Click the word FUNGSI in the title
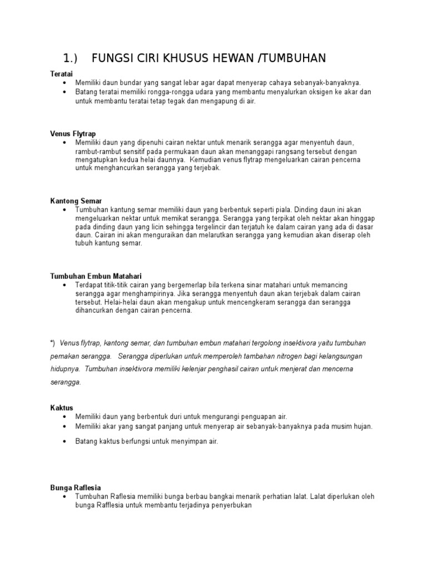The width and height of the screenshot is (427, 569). pyautogui.click(x=114, y=58)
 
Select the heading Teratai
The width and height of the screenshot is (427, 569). pyautogui.click(x=61, y=73)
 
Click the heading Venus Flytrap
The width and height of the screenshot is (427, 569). pyautogui.click(x=73, y=134)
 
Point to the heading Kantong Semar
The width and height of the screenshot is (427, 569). pyautogui.click(x=76, y=201)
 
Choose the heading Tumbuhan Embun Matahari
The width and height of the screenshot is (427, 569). pyautogui.click(x=96, y=276)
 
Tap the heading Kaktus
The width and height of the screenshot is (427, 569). pyautogui.click(x=61, y=408)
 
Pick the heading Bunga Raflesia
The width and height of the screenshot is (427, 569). pyautogui.click(x=76, y=487)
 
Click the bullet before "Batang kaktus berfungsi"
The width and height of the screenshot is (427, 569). pyautogui.click(x=65, y=441)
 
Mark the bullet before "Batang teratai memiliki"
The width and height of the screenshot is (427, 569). pyautogui.click(x=65, y=92)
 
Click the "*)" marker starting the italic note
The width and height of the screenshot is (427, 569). pyautogui.click(x=53, y=343)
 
